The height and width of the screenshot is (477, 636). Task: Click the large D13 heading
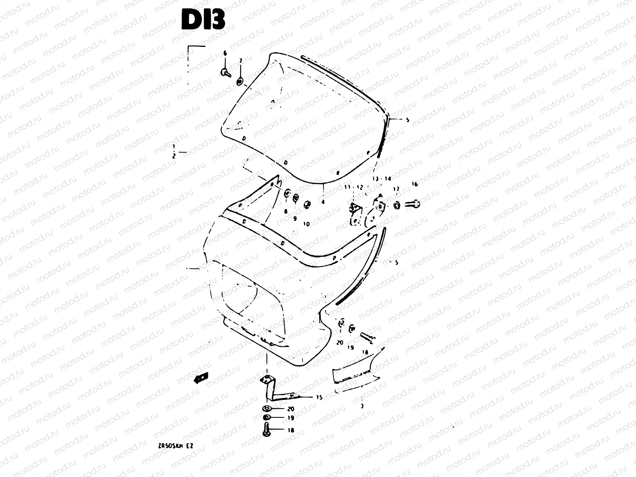[x=203, y=19]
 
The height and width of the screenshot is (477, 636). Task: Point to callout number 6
[x=225, y=53]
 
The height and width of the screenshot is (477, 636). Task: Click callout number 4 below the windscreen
[x=323, y=202]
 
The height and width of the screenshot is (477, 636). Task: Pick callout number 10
[x=306, y=224]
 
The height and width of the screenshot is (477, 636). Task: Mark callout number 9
[x=295, y=219]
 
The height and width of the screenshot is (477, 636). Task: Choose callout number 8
[x=285, y=212]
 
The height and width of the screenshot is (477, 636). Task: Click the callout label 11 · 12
[x=354, y=187]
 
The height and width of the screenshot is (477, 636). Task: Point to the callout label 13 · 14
[x=382, y=179]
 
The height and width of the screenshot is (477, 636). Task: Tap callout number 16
[x=415, y=184]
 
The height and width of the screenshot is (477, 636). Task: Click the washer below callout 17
[x=396, y=205]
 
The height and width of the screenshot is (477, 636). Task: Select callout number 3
[x=362, y=406]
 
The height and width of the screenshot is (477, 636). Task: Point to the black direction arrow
[x=201, y=378]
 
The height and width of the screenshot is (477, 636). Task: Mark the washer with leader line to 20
[x=266, y=409]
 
